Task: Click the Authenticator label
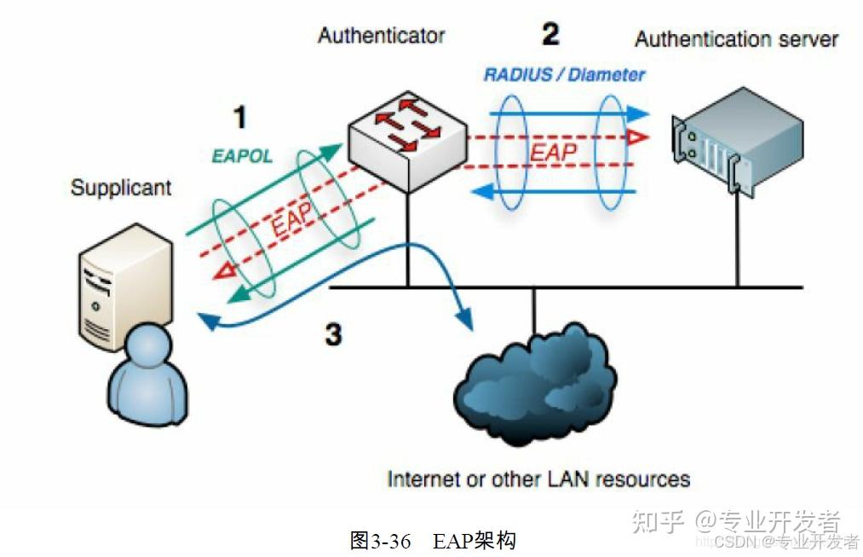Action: (381, 36)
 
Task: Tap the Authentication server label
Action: (736, 39)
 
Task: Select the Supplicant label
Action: (121, 188)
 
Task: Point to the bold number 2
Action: (551, 34)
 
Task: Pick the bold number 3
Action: (333, 334)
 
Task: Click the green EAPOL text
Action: (242, 156)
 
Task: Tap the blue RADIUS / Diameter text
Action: (564, 75)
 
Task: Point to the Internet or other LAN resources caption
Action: (538, 479)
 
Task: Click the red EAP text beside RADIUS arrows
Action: (553, 152)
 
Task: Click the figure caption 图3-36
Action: (380, 541)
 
